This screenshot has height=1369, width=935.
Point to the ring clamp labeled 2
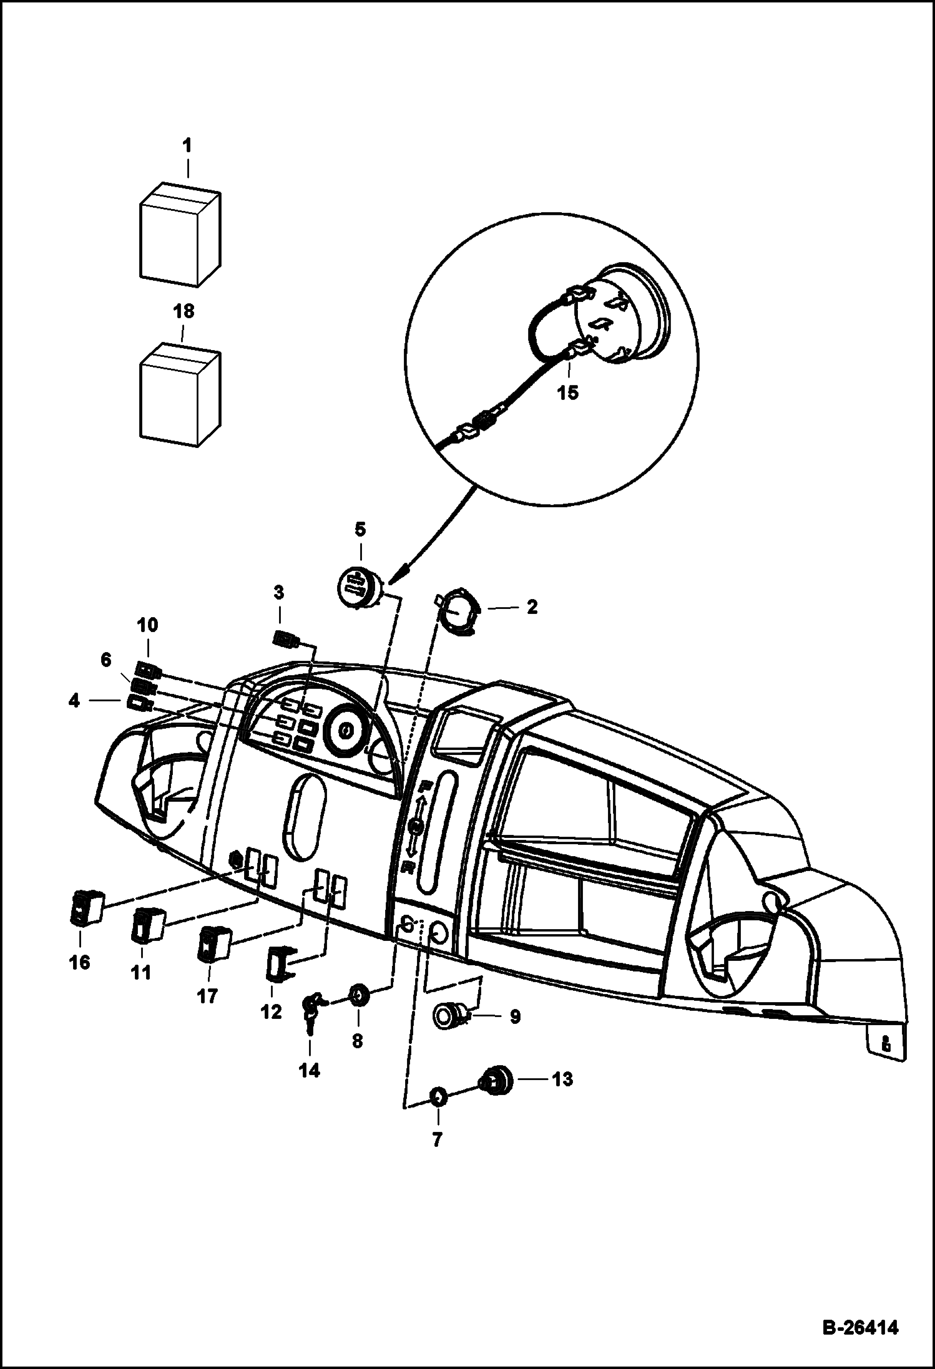[x=461, y=611]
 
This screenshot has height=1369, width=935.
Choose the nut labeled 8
[x=359, y=993]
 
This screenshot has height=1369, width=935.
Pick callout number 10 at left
[x=148, y=625]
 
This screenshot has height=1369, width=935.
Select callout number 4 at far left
[x=74, y=701]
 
